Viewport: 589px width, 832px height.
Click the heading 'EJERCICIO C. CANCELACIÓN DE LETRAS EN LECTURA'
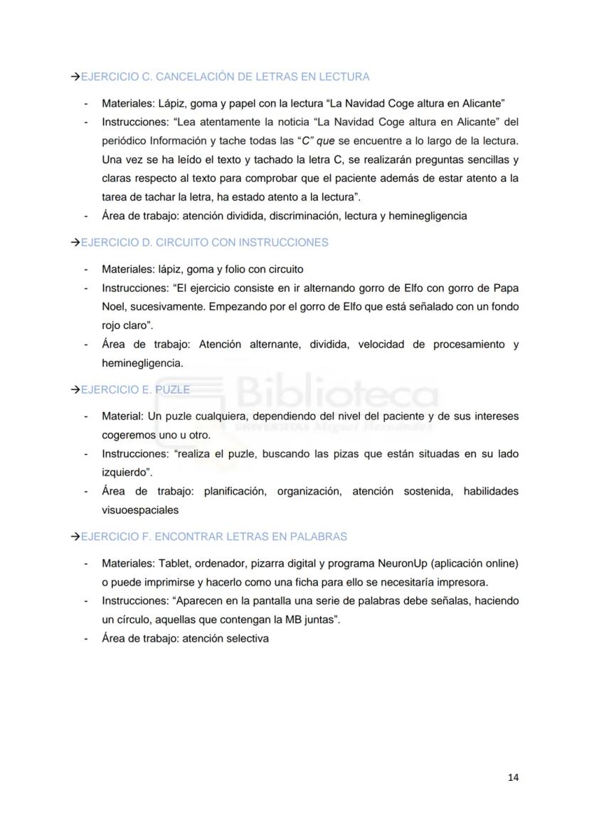(x=225, y=77)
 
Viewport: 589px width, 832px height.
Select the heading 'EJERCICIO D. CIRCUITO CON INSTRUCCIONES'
(x=204, y=243)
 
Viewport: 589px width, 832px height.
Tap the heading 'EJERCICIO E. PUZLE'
(x=134, y=390)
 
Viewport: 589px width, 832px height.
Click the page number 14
(x=513, y=777)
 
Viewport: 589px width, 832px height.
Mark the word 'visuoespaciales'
(x=139, y=509)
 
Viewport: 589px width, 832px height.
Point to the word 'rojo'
(x=112, y=326)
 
